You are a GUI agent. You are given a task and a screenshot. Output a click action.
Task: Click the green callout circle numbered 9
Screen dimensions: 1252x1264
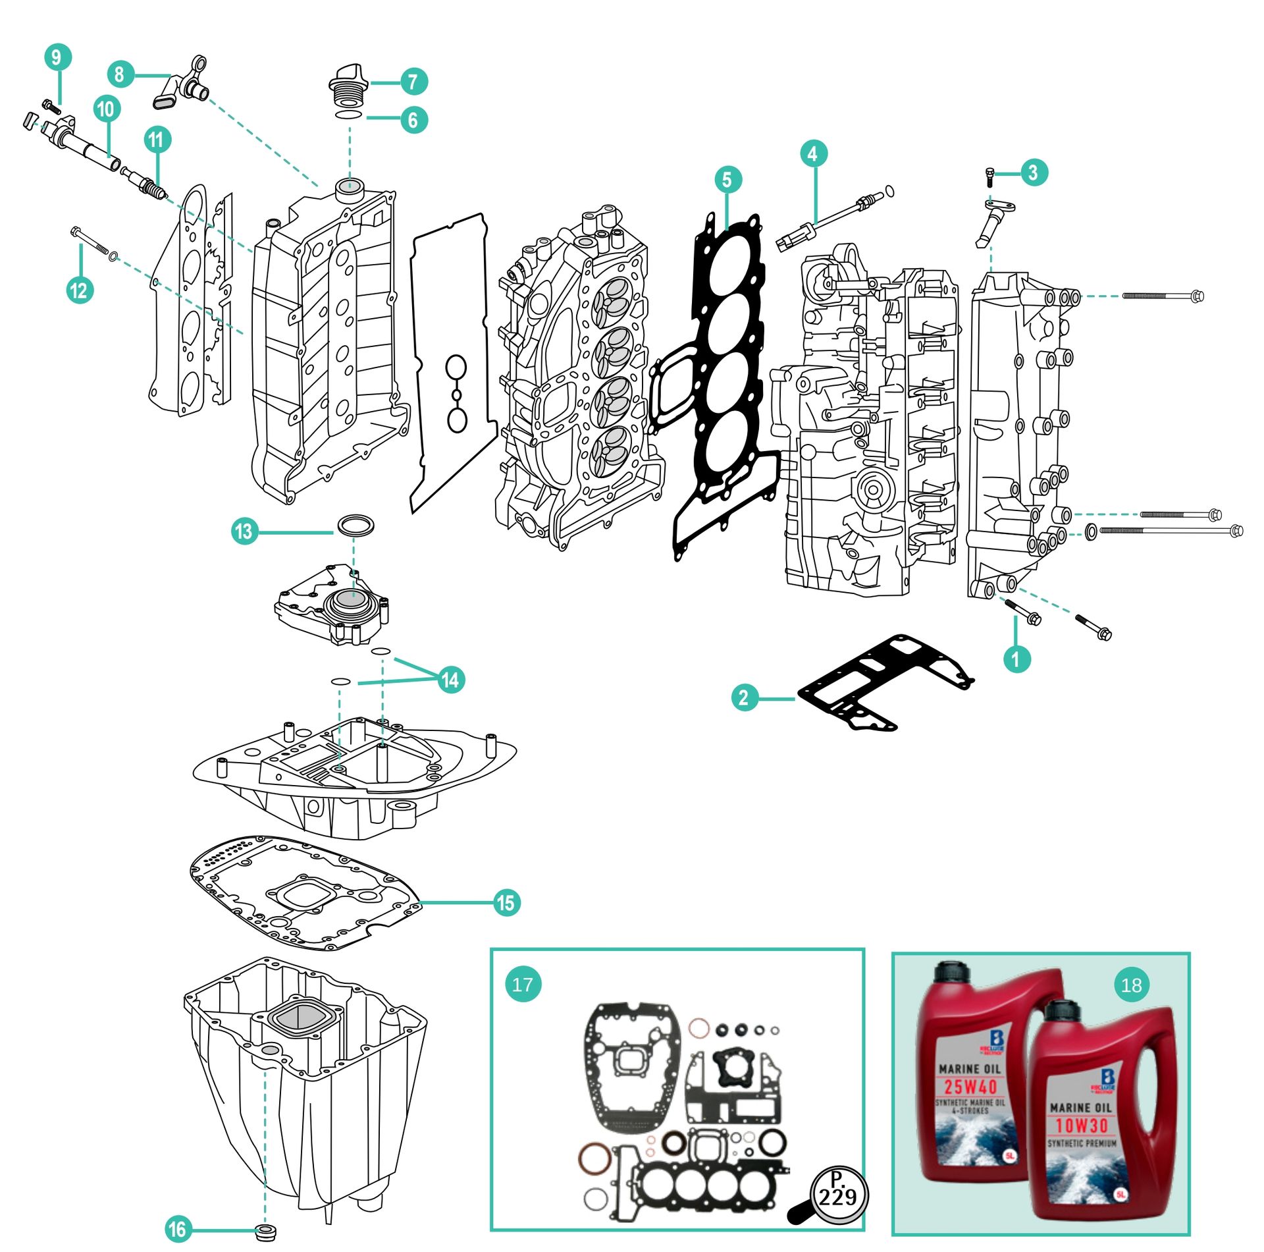click(x=57, y=57)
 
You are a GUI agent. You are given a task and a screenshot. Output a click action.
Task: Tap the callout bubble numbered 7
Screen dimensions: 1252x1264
click(x=413, y=82)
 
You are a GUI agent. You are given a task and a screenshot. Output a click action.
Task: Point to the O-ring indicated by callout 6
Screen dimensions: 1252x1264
click(x=348, y=115)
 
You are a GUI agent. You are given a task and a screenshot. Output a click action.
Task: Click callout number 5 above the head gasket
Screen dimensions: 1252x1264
click(x=727, y=179)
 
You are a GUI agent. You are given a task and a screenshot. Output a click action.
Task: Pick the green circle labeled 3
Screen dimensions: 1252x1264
click(x=1033, y=173)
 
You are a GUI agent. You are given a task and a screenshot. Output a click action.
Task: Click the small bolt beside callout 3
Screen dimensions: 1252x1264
click(x=989, y=177)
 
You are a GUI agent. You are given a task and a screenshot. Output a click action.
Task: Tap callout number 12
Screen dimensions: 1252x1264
click(x=79, y=290)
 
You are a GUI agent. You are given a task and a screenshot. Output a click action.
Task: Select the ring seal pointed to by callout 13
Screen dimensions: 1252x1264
click(x=355, y=526)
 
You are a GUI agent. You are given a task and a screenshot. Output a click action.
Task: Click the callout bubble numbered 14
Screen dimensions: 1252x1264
click(x=450, y=680)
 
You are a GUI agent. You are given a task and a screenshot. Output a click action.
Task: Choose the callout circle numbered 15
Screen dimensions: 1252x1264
click(x=506, y=903)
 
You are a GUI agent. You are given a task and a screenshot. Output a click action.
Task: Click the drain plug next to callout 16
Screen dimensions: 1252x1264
click(x=265, y=1230)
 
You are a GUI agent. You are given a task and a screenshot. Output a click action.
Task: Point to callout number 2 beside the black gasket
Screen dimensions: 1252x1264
click(x=744, y=697)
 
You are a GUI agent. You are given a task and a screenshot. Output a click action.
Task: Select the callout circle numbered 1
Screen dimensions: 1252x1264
click(x=1016, y=659)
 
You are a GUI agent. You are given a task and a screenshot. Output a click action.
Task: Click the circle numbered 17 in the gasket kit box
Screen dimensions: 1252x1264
click(x=523, y=985)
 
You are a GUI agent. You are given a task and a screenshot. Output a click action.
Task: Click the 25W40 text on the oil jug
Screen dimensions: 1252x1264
click(x=970, y=1087)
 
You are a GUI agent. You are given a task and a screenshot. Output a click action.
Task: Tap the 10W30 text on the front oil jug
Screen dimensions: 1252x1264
click(x=1082, y=1126)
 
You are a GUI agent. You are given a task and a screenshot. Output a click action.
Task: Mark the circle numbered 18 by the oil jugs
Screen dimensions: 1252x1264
click(x=1132, y=985)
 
